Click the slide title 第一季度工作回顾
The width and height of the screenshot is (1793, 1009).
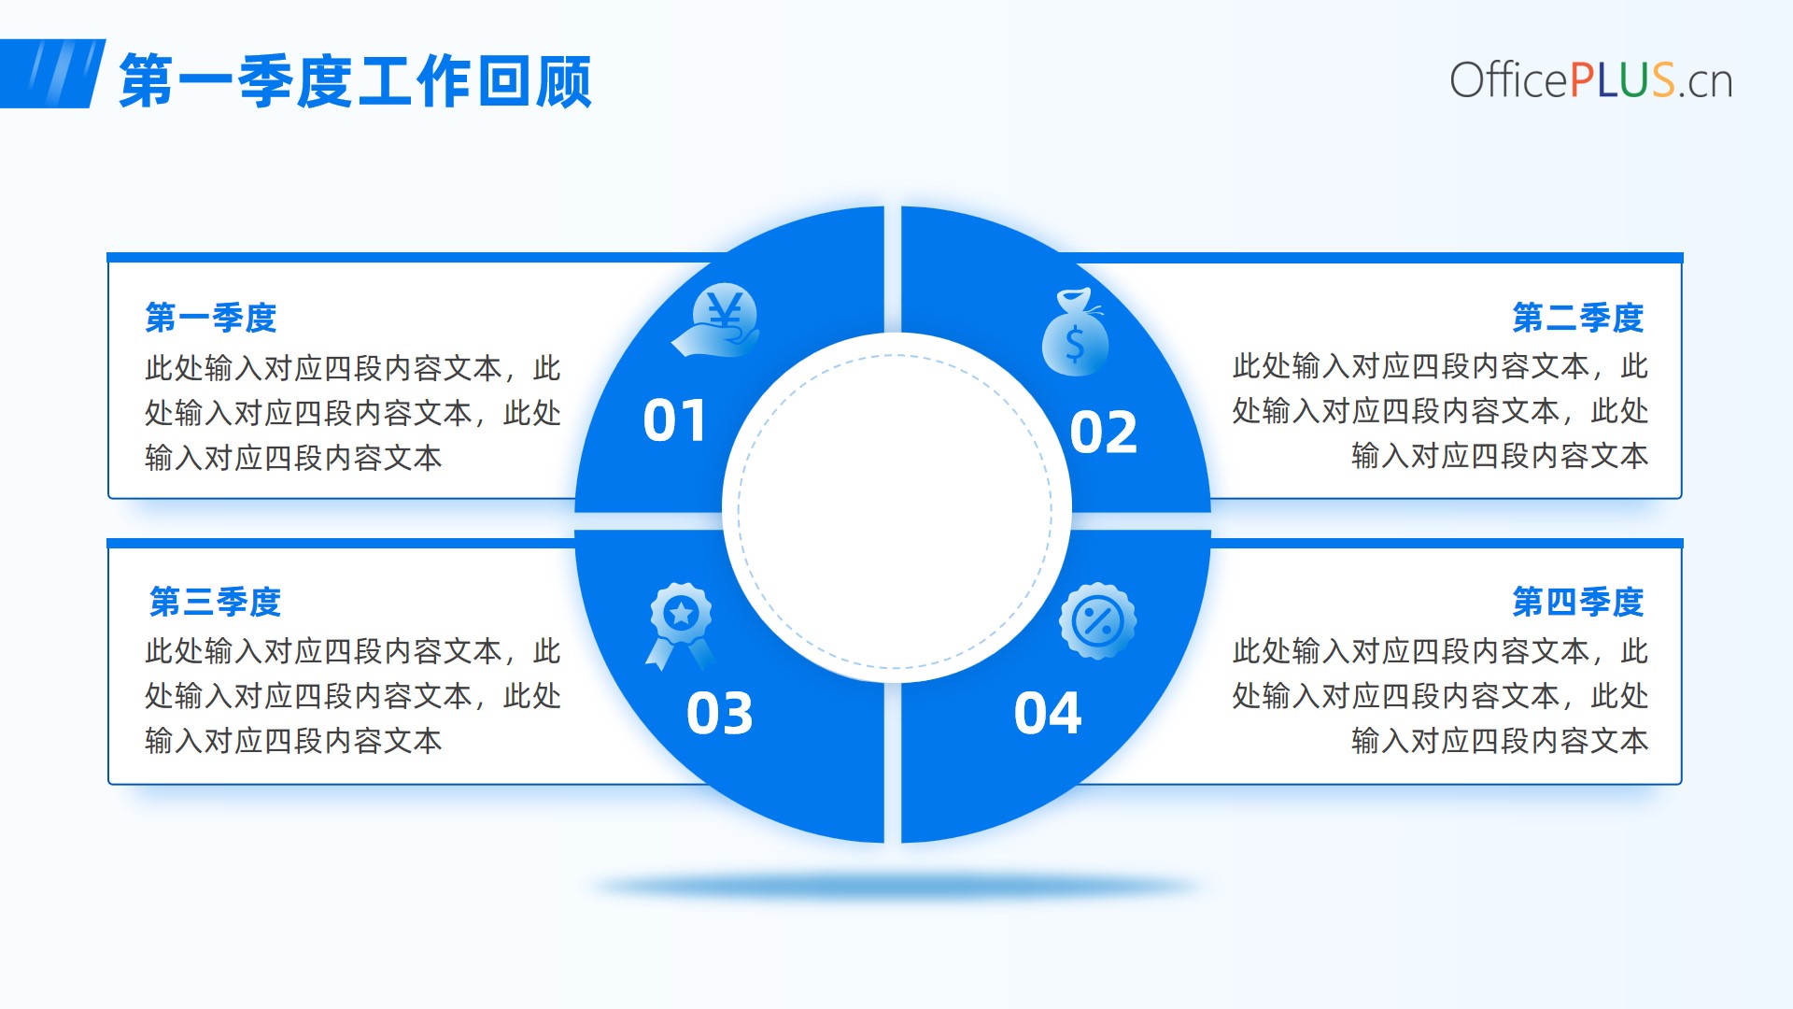pyautogui.click(x=356, y=81)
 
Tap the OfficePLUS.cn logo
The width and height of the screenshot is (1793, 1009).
pyautogui.click(x=1591, y=80)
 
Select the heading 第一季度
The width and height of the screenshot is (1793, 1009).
pyautogui.click(x=211, y=318)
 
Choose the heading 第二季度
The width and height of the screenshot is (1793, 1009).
pyautogui.click(x=1578, y=318)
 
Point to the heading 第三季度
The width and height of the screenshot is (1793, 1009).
pyautogui.click(x=216, y=602)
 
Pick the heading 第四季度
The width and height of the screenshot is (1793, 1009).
pyautogui.click(x=1578, y=602)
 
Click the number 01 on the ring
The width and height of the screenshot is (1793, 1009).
pyautogui.click(x=674, y=420)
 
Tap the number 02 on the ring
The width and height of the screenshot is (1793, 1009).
pyautogui.click(x=1104, y=432)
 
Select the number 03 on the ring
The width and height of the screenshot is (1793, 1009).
pyautogui.click(x=720, y=714)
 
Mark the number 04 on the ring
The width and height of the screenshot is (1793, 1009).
pyautogui.click(x=1048, y=714)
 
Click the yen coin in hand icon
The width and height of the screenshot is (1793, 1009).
pyautogui.click(x=716, y=320)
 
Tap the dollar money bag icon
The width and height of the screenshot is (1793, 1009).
pyautogui.click(x=1075, y=333)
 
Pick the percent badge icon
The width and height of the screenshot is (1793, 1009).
pyautogui.click(x=1098, y=621)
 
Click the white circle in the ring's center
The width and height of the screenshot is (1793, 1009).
pyautogui.click(x=896, y=509)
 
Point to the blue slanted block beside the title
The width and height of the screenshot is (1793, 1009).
pyautogui.click(x=51, y=74)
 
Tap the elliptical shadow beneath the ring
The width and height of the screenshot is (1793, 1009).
pyautogui.click(x=896, y=886)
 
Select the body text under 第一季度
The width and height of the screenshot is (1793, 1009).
pyautogui.click(x=353, y=413)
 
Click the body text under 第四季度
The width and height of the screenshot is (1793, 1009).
pyautogui.click(x=1440, y=696)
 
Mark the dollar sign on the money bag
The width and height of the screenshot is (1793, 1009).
pyautogui.click(x=1075, y=344)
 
